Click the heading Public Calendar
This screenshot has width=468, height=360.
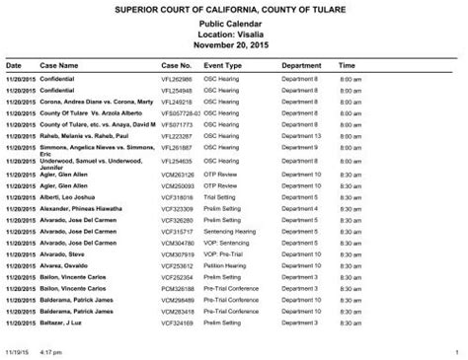click(x=233, y=23)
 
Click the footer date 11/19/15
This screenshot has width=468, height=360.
click(x=16, y=351)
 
